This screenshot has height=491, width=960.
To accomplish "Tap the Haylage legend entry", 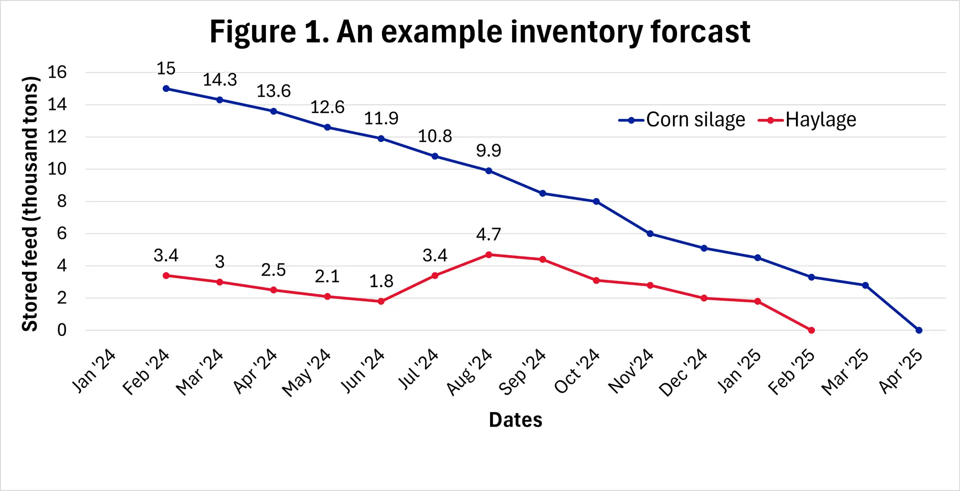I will coord(807,120).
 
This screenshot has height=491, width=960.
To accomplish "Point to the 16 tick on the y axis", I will coord(57,72).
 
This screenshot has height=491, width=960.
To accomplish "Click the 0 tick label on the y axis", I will coord(61,330).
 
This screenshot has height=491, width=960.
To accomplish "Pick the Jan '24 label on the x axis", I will coord(94,370).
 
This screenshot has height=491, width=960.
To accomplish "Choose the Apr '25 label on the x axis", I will coord(901,370).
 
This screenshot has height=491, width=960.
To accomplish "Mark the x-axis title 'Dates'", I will coord(515,420).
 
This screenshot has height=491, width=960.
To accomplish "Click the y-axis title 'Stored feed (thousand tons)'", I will coord(30,203).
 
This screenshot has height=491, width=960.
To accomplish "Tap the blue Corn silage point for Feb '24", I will coord(166,88).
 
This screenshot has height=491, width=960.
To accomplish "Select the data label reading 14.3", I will coord(220,79).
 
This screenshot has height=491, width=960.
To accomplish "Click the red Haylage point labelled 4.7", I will coord(488,254).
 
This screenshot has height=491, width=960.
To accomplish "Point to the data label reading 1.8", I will coord(381,281).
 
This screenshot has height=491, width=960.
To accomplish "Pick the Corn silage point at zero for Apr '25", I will coord(918,330).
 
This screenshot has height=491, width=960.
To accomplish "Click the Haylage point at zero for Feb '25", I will coord(811,330).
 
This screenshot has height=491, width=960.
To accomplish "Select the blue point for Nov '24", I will coord(650,233).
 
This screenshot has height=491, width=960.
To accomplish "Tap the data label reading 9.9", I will coord(488,150).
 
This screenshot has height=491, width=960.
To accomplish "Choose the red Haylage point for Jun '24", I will coord(381,301).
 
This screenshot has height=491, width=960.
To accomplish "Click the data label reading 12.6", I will coord(327,107).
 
